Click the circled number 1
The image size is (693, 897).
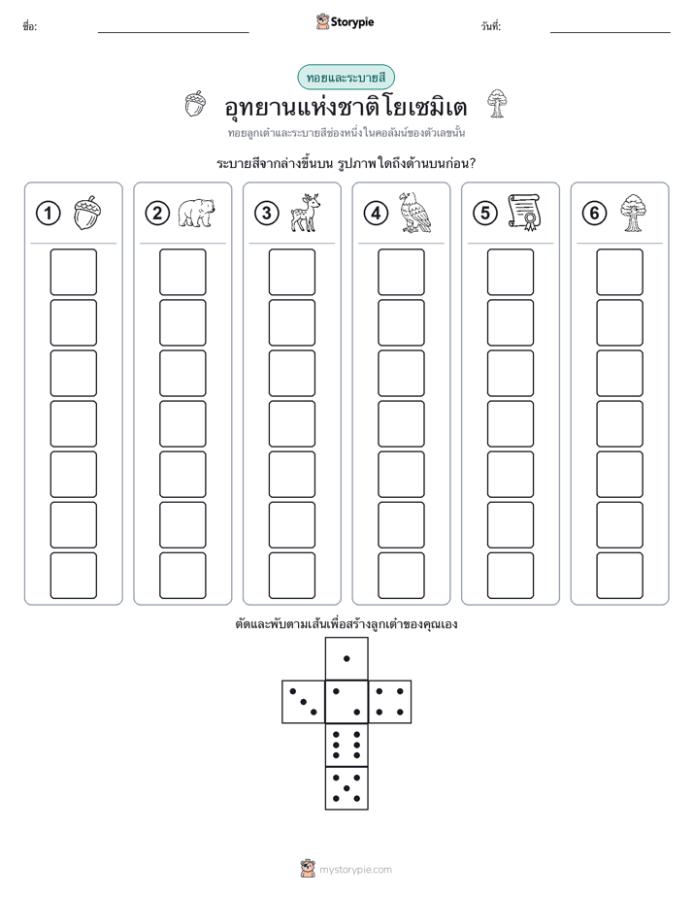pyautogui.click(x=48, y=214)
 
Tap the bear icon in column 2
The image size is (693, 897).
pyautogui.click(x=196, y=214)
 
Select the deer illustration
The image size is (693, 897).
pyautogui.click(x=305, y=213)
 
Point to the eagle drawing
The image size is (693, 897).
pyautogui.click(x=414, y=213)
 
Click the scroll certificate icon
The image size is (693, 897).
pyautogui.click(x=524, y=213)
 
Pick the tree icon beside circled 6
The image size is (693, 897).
pyautogui.click(x=633, y=213)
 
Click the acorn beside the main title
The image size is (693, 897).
pyautogui.click(x=195, y=104)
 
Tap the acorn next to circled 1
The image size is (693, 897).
pyautogui.click(x=87, y=213)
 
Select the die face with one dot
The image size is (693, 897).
pyautogui.click(x=346, y=658)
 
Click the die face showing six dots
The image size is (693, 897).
pyautogui.click(x=346, y=745)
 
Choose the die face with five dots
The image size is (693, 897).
pyautogui.click(x=346, y=787)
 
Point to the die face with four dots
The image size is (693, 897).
pyautogui.click(x=390, y=702)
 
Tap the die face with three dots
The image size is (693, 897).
pyautogui.click(x=304, y=702)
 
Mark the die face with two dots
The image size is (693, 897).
pyautogui.click(x=346, y=702)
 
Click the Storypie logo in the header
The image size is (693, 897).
pyautogui.click(x=345, y=22)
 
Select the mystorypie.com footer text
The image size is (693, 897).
pyautogui.click(x=355, y=870)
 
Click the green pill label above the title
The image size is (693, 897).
pyautogui.click(x=346, y=78)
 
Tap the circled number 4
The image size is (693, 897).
pyautogui.click(x=376, y=214)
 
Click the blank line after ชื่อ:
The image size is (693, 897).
pyautogui.click(x=173, y=32)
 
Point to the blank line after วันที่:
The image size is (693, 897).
pyautogui.click(x=610, y=32)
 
